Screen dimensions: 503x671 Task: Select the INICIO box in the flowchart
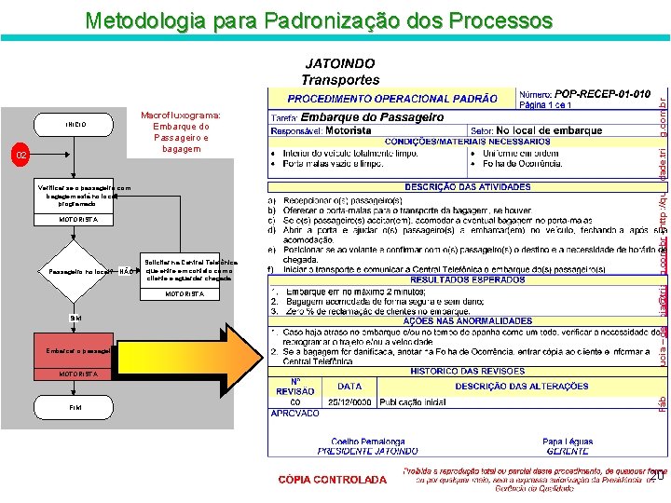[76, 124]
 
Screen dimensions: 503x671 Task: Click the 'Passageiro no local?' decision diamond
[75, 272]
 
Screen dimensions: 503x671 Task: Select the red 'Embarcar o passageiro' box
[75, 350]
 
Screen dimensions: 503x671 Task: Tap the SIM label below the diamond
[75, 318]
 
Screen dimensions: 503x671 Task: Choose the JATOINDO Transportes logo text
[340, 72]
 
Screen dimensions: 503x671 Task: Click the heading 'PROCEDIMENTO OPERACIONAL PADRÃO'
[391, 98]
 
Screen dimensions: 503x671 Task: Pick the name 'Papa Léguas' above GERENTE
[568, 442]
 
